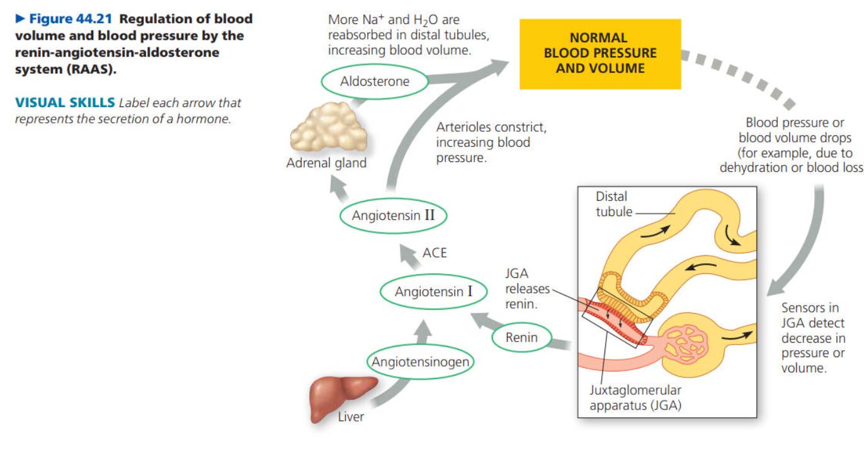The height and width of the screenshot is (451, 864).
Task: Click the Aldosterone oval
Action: pyautogui.click(x=374, y=81)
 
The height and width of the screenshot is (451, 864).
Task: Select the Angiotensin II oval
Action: pyautogui.click(x=393, y=215)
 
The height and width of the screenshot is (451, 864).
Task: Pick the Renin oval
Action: pyautogui.click(x=521, y=338)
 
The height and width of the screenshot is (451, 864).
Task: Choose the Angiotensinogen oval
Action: pyautogui.click(x=421, y=362)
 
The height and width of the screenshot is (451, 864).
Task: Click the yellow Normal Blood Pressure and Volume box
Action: pyautogui.click(x=600, y=54)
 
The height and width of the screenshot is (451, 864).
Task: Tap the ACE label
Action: pyautogui.click(x=434, y=253)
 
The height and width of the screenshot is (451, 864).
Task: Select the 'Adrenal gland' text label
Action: pyautogui.click(x=326, y=163)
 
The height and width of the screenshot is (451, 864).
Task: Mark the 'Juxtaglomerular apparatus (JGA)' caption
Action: pyautogui.click(x=635, y=397)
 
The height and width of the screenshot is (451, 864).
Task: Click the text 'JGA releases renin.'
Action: pyautogui.click(x=521, y=289)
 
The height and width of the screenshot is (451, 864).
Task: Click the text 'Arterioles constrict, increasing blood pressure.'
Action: pyautogui.click(x=491, y=142)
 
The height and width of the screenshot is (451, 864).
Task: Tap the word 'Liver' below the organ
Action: pyautogui.click(x=351, y=416)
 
